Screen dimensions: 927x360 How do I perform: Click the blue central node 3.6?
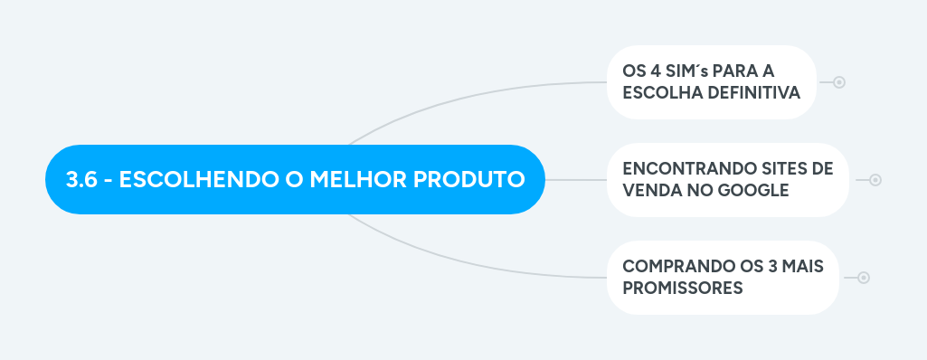(296, 179)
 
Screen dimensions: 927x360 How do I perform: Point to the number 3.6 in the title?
(81, 179)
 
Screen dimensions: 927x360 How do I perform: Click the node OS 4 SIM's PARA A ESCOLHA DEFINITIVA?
(711, 82)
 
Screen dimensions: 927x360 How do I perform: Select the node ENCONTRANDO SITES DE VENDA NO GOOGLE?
(727, 180)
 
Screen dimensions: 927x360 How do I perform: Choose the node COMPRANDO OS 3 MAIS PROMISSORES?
(722, 278)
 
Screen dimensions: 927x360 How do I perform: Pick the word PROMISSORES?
(683, 288)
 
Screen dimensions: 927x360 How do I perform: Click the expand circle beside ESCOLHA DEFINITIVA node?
(839, 82)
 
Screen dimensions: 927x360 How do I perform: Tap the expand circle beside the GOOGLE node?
(875, 180)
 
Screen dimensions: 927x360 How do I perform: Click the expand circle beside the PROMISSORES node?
(864, 278)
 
